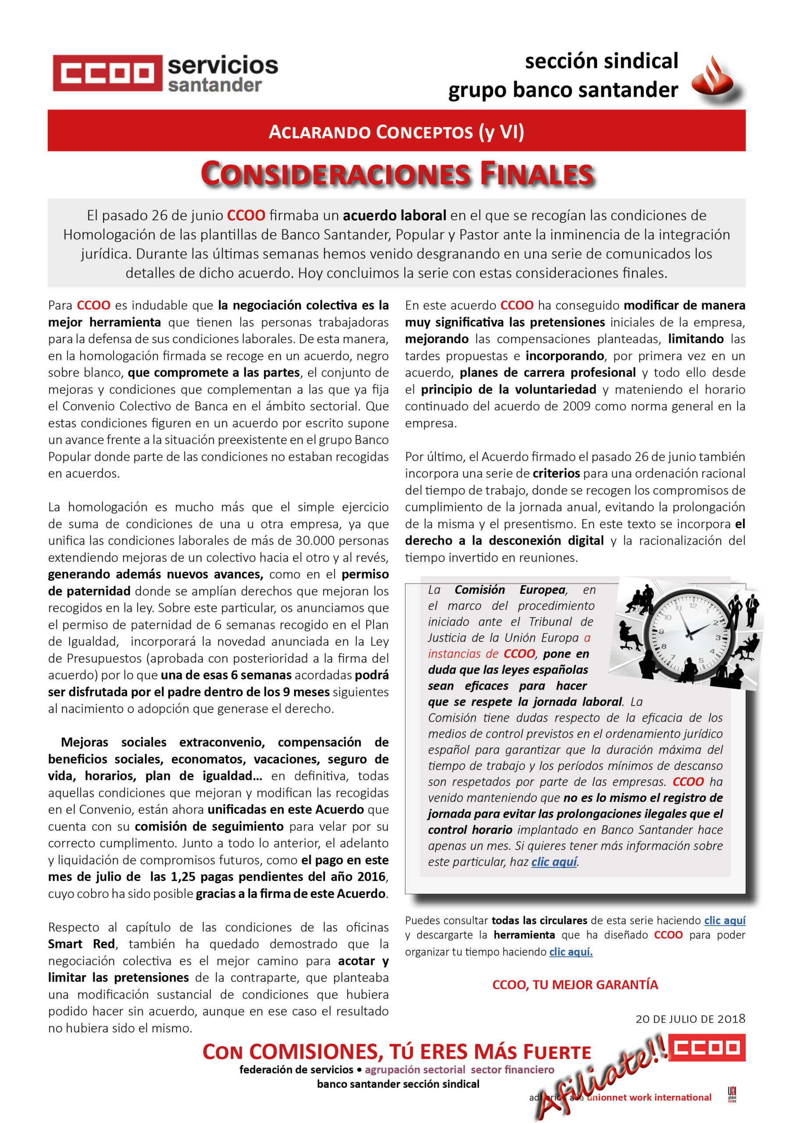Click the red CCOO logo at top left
click(107, 73)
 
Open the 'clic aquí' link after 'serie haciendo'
click(725, 920)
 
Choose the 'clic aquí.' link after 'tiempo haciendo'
click(570, 951)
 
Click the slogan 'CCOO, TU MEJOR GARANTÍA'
click(575, 984)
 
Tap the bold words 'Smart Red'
click(82, 944)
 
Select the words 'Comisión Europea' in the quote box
click(510, 590)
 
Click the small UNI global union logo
click(732, 1094)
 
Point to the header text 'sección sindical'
click(601, 61)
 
